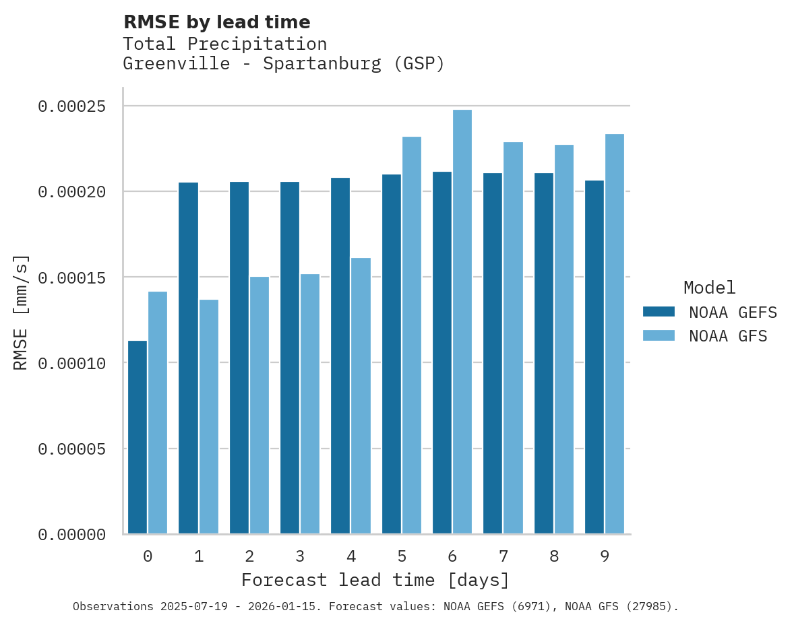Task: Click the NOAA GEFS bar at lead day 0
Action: [138, 437]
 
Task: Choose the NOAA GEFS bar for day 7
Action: [493, 354]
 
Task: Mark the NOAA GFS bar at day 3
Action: [310, 404]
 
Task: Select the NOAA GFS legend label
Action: [728, 336]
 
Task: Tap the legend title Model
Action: [709, 288]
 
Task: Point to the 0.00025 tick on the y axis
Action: [72, 106]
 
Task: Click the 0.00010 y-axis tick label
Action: [72, 364]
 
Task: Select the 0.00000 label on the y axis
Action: [72, 535]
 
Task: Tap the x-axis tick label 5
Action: [402, 556]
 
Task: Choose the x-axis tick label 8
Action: [554, 556]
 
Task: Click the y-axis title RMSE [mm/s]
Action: [22, 312]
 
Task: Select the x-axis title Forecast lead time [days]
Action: [375, 580]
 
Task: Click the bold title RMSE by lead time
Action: [216, 22]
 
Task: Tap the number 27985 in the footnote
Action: [650, 607]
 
